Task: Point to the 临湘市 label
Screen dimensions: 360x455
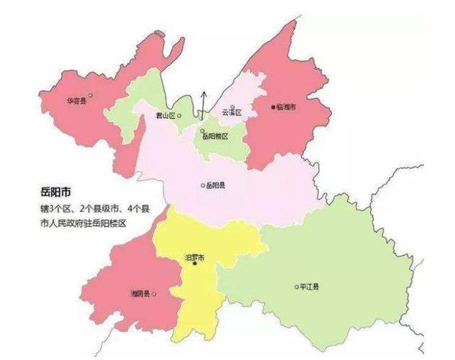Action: pyautogui.click(x=287, y=107)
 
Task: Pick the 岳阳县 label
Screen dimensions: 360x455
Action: pyautogui.click(x=216, y=186)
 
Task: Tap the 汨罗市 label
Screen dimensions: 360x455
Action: pyautogui.click(x=195, y=257)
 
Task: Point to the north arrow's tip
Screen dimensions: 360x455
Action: pyautogui.click(x=203, y=91)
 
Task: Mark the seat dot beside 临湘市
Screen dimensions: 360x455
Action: pyautogui.click(x=273, y=107)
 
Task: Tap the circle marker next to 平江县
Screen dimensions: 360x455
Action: pyautogui.click(x=296, y=287)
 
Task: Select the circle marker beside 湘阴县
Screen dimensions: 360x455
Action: pyautogui.click(x=154, y=294)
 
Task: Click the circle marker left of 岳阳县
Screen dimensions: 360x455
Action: pyautogui.click(x=202, y=186)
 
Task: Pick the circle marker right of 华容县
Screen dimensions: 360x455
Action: pyautogui.click(x=90, y=95)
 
